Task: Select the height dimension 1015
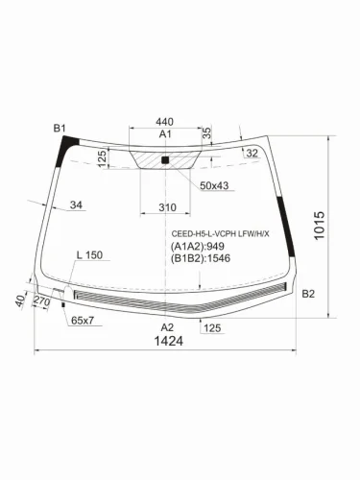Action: pyautogui.click(x=320, y=228)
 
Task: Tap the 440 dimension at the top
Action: pyautogui.click(x=164, y=122)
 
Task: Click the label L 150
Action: pyautogui.click(x=88, y=255)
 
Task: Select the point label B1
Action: pyautogui.click(x=60, y=128)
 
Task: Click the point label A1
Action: pyautogui.click(x=164, y=135)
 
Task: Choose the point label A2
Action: pyautogui.click(x=168, y=327)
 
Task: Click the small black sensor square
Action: pyautogui.click(x=165, y=158)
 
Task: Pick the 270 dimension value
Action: pyautogui.click(x=41, y=301)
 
